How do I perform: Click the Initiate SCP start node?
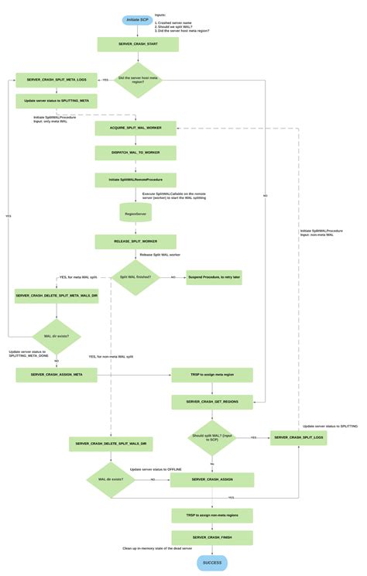[137, 19]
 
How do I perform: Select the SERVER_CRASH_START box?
[138, 45]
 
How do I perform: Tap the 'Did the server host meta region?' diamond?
[138, 80]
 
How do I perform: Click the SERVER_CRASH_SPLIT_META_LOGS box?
[57, 80]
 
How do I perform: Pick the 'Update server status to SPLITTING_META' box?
[57, 101]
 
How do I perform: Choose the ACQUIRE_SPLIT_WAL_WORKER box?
[135, 128]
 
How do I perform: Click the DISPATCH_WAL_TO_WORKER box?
[135, 153]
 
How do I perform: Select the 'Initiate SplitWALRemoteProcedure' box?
[135, 180]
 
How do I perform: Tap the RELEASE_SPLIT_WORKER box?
[135, 242]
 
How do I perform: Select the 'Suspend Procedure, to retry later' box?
[214, 277]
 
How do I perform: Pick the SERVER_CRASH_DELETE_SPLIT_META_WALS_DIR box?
[57, 297]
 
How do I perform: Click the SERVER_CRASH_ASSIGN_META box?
[57, 375]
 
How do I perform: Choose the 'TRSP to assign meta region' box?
[212, 375]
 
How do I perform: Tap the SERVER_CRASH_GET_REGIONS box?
[212, 402]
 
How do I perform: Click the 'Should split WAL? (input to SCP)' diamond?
[212, 437]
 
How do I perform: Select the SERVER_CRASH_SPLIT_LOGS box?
[298, 437]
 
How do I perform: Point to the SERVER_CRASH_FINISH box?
[212, 537]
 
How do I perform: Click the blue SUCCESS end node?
[212, 563]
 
